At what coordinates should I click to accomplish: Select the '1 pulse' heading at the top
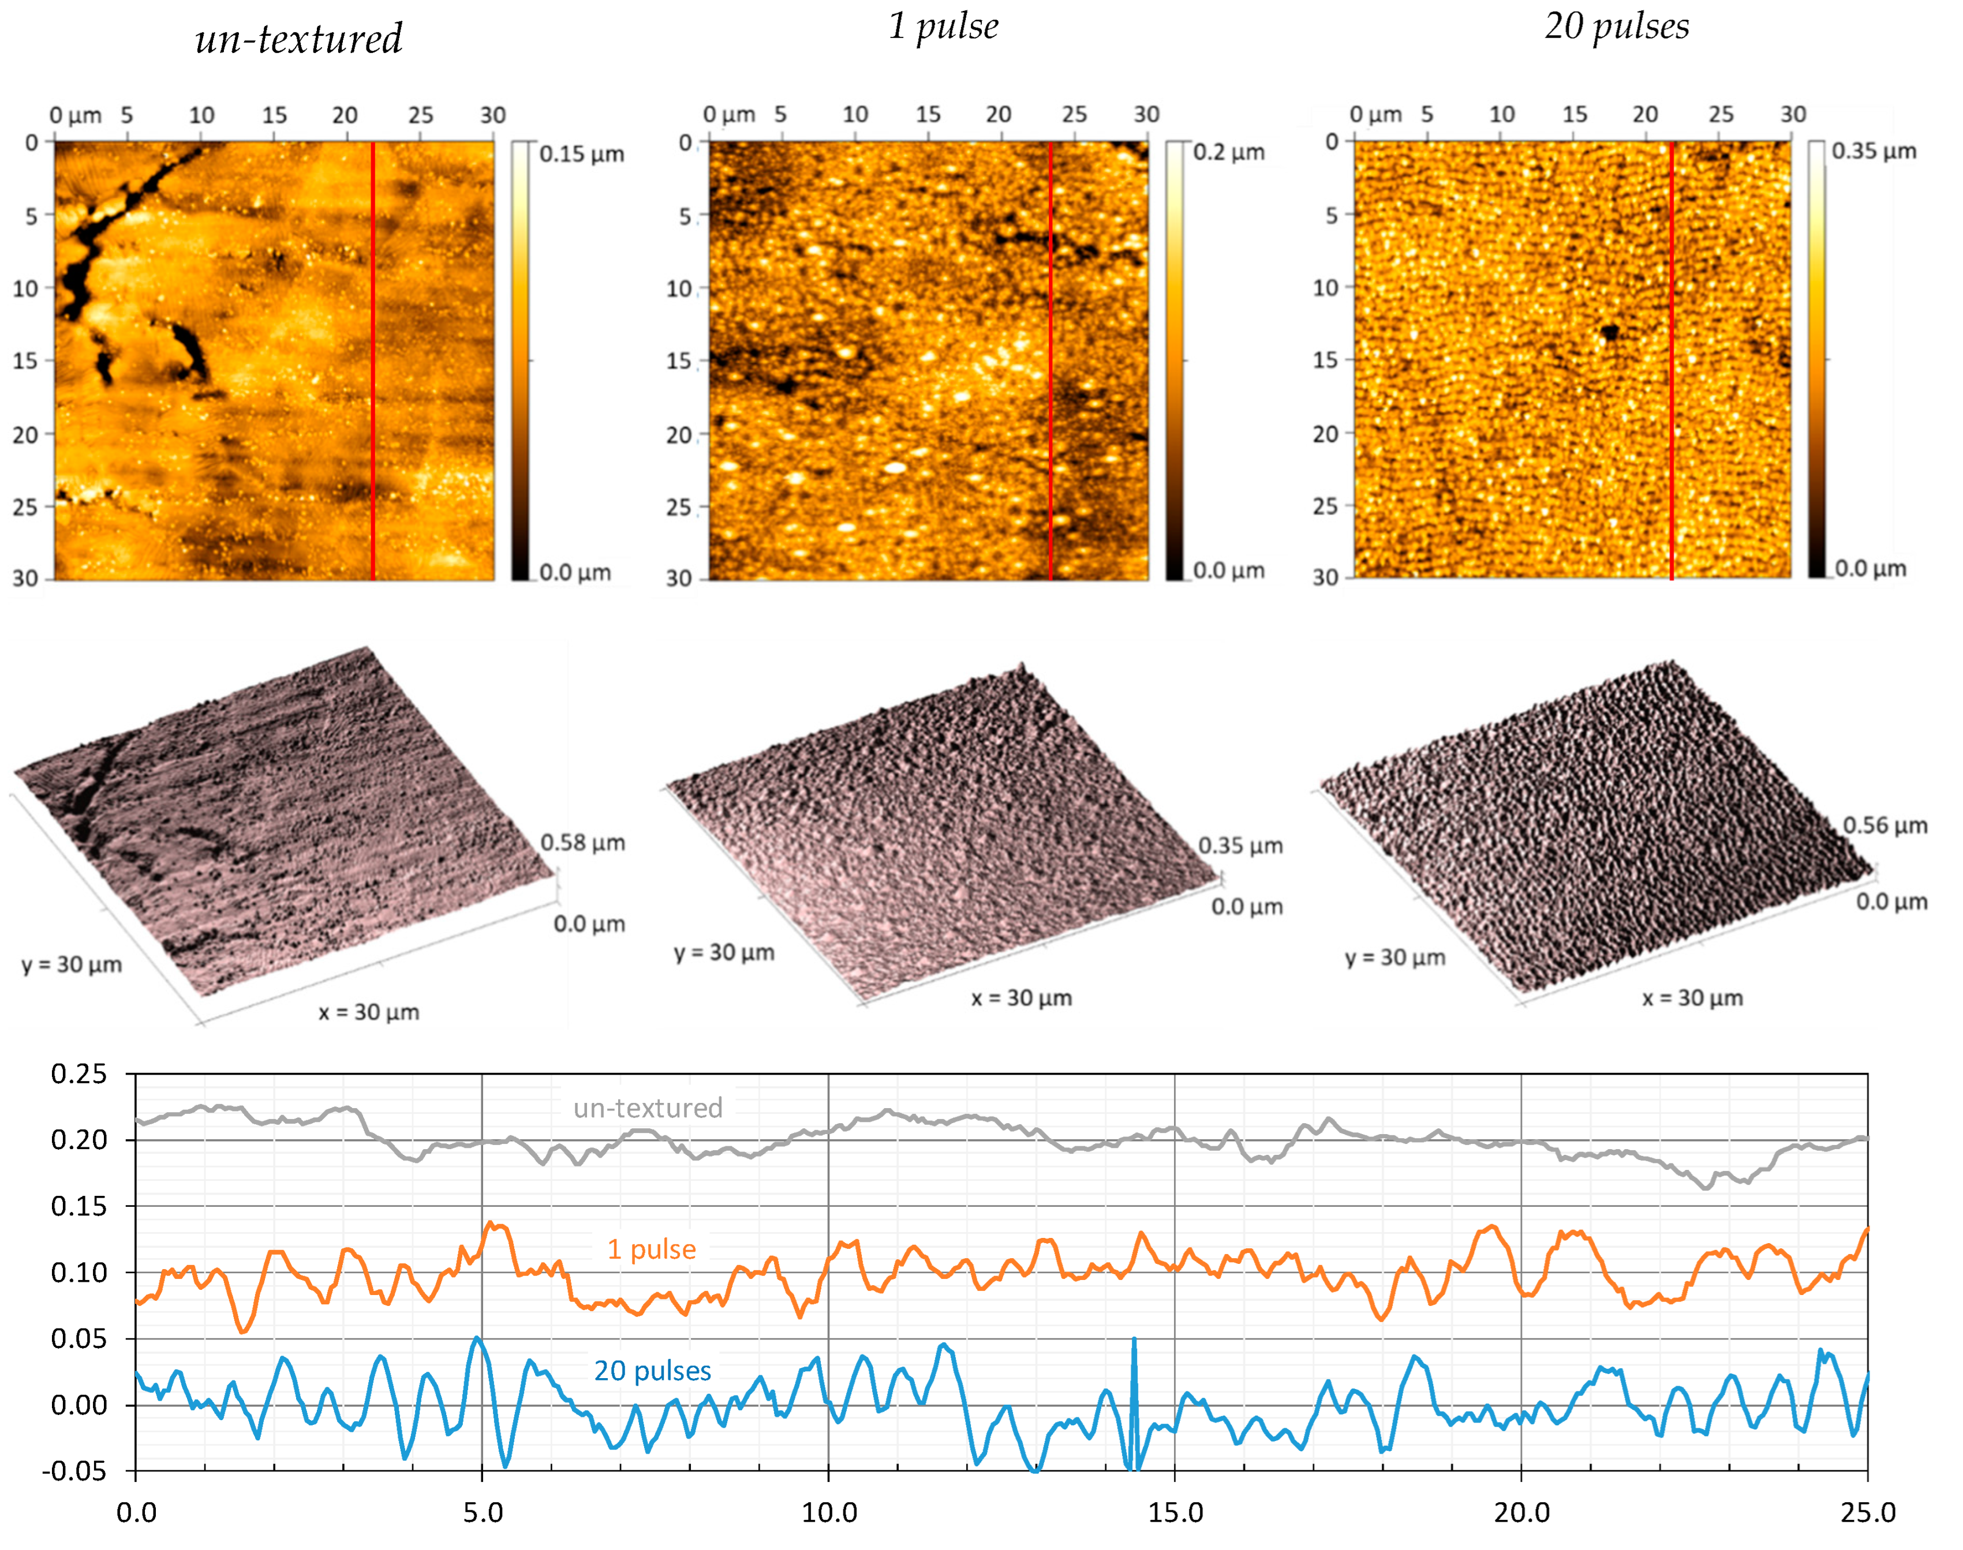pyautogui.click(x=943, y=27)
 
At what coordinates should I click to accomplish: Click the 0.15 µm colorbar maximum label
pyautogui.click(x=581, y=153)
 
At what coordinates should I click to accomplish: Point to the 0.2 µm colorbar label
pyautogui.click(x=1228, y=152)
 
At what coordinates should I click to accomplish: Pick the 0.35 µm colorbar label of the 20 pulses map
pyautogui.click(x=1873, y=151)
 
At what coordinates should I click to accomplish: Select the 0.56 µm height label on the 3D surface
pyautogui.click(x=1884, y=825)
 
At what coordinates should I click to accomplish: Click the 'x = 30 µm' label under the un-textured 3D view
pyautogui.click(x=369, y=1012)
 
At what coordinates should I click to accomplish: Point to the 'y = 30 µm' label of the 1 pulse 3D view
pyautogui.click(x=724, y=952)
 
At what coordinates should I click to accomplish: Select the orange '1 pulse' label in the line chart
pyautogui.click(x=651, y=1249)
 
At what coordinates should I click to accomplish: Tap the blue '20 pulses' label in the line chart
pyautogui.click(x=652, y=1371)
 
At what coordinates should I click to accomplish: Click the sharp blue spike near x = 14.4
pyautogui.click(x=1134, y=1343)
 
